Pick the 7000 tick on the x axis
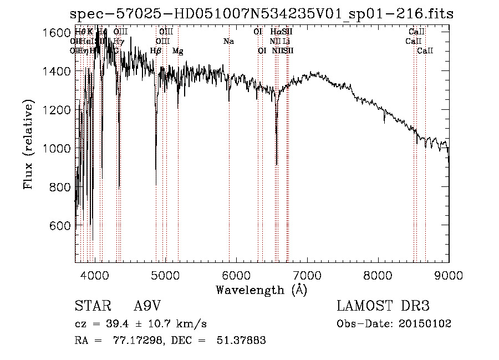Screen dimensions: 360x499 coord(307,275)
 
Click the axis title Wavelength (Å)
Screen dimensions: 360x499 coord(262,290)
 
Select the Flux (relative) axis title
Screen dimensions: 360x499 coord(28,145)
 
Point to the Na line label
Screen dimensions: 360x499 coord(228,42)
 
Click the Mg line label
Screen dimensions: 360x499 coord(178,51)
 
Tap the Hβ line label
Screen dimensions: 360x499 coord(156,51)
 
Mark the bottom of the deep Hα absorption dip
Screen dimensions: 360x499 coord(276,164)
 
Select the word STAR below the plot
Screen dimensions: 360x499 coord(91,306)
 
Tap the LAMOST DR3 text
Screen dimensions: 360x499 coord(383,306)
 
